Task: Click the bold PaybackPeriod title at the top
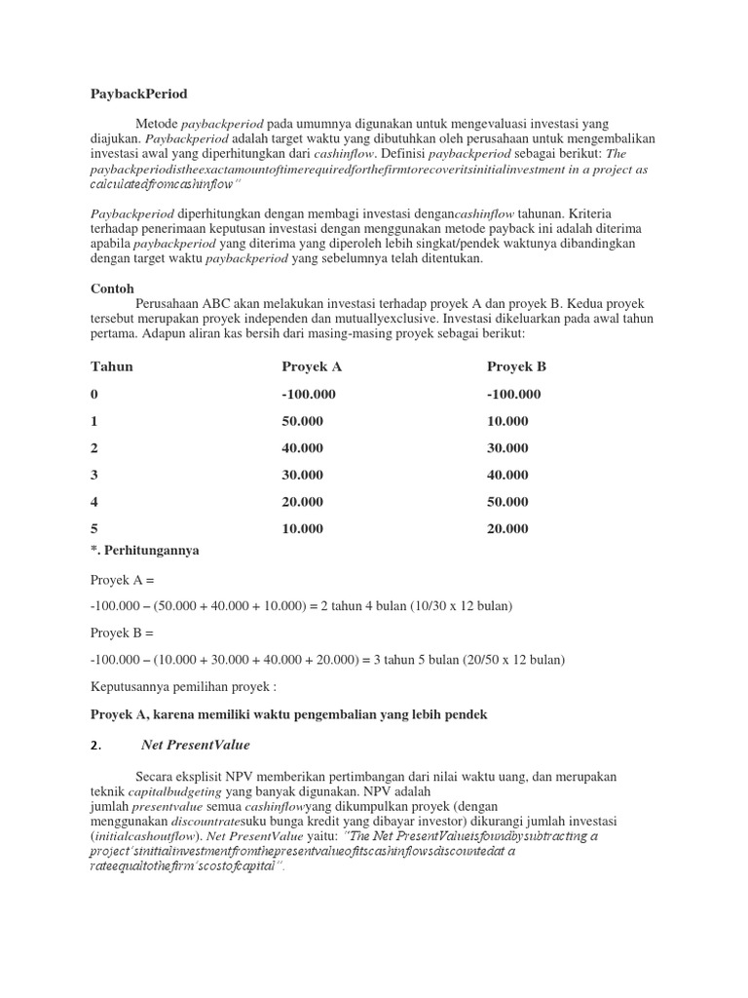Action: click(138, 94)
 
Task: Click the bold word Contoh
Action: click(112, 288)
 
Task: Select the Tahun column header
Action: click(112, 366)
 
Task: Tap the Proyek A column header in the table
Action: click(312, 366)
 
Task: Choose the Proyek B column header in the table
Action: click(516, 366)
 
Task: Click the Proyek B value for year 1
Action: click(507, 421)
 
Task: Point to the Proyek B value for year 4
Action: click(507, 502)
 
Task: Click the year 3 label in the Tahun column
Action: click(94, 475)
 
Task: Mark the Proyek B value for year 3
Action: click(507, 475)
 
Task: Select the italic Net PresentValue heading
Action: click(196, 745)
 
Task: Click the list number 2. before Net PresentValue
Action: click(95, 746)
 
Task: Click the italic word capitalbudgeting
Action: click(171, 793)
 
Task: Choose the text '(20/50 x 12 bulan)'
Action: click(511, 660)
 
